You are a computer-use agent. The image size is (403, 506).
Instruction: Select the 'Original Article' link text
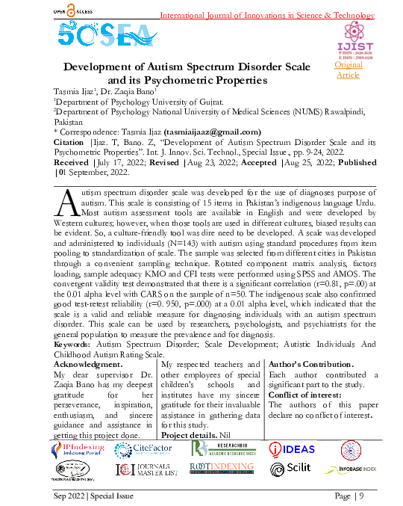(348, 70)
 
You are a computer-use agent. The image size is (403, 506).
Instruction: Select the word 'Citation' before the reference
(69, 140)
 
